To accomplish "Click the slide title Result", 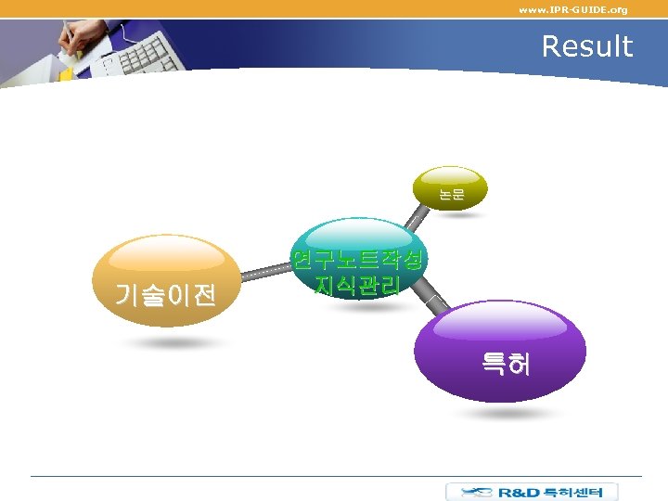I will click(586, 46).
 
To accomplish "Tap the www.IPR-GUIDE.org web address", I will click(572, 9).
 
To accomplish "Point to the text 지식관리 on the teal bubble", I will click(358, 286).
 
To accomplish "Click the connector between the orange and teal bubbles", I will click(266, 273).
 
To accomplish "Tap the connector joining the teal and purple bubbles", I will click(434, 301).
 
